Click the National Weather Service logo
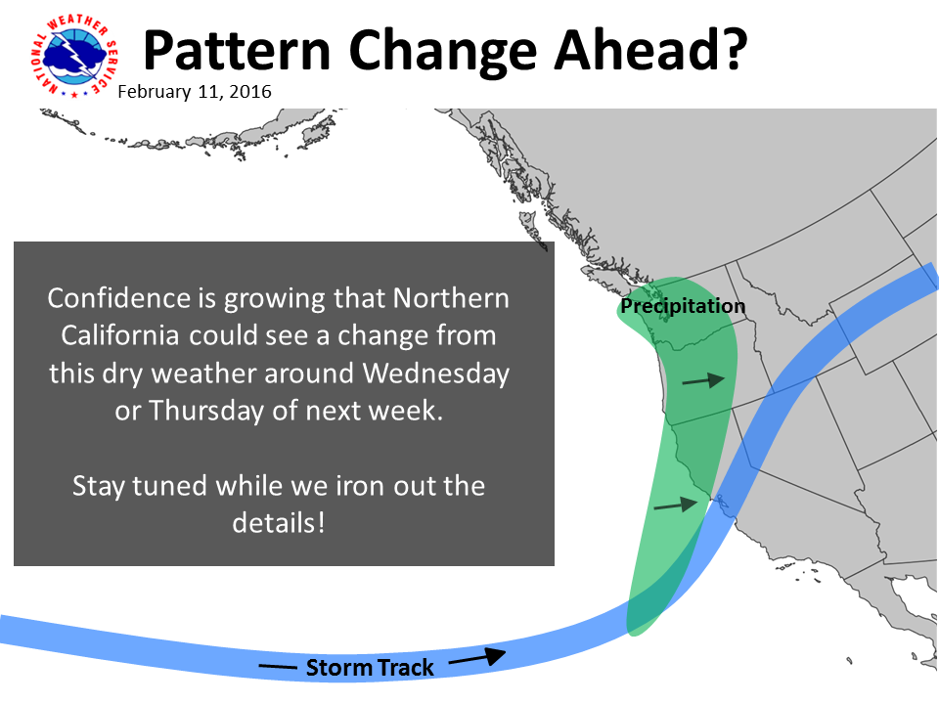click(x=74, y=56)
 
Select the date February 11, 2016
click(x=195, y=92)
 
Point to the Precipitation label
click(x=683, y=306)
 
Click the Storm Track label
click(x=370, y=668)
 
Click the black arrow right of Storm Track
click(x=477, y=657)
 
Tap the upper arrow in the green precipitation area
click(x=703, y=379)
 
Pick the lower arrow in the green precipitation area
click(x=676, y=505)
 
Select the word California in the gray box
click(x=119, y=335)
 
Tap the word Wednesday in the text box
click(x=436, y=373)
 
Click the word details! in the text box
click(x=279, y=522)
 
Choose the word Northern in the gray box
click(x=451, y=298)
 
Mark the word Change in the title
click(x=442, y=53)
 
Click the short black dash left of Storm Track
click(x=277, y=667)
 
